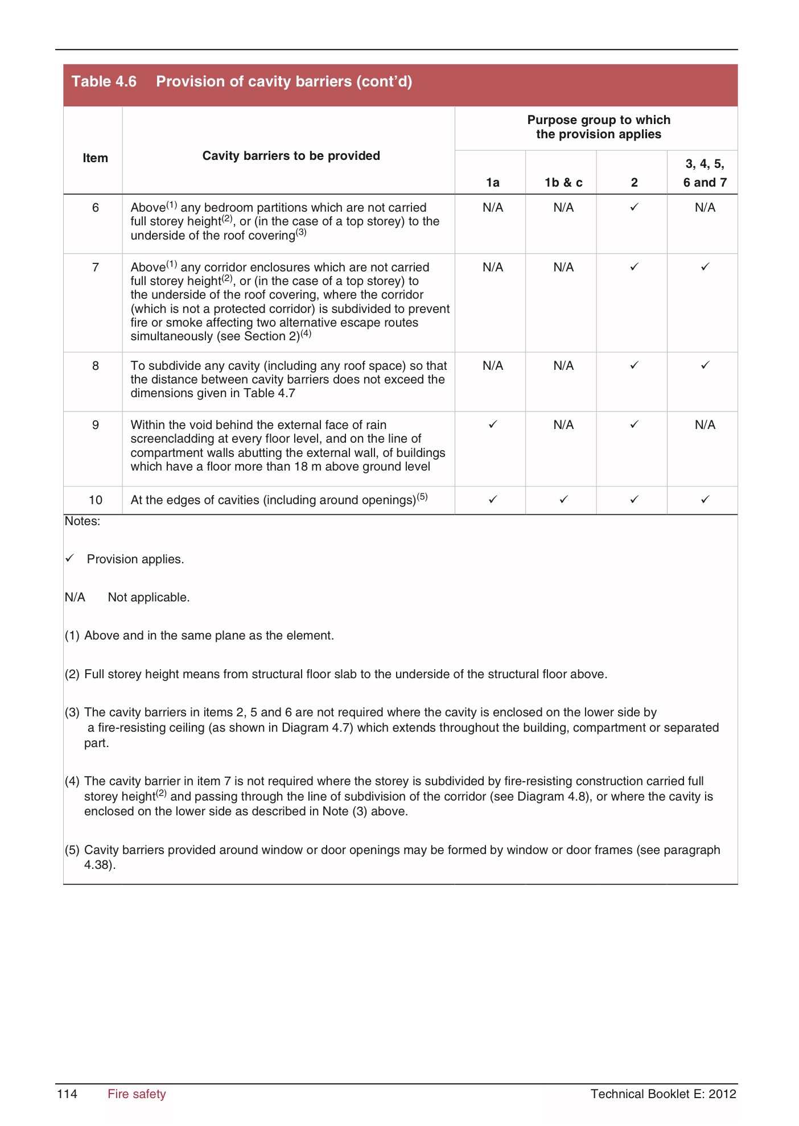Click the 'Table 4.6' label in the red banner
click(104, 81)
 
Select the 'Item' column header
click(95, 158)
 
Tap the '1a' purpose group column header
click(492, 183)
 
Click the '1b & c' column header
click(563, 183)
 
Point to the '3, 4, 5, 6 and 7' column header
click(705, 173)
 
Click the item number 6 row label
click(95, 208)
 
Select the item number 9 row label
click(95, 425)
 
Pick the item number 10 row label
click(95, 500)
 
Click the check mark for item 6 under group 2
click(634, 207)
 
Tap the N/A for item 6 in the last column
click(705, 208)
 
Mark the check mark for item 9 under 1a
click(493, 424)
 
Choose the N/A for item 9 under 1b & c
click(563, 425)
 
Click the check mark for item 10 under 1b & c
click(563, 500)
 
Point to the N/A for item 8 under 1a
click(492, 366)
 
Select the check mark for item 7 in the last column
click(705, 266)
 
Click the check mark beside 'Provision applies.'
click(69, 559)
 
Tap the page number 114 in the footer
click(67, 1094)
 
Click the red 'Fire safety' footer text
click(137, 1094)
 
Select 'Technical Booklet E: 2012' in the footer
click(663, 1094)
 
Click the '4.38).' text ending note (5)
click(100, 865)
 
